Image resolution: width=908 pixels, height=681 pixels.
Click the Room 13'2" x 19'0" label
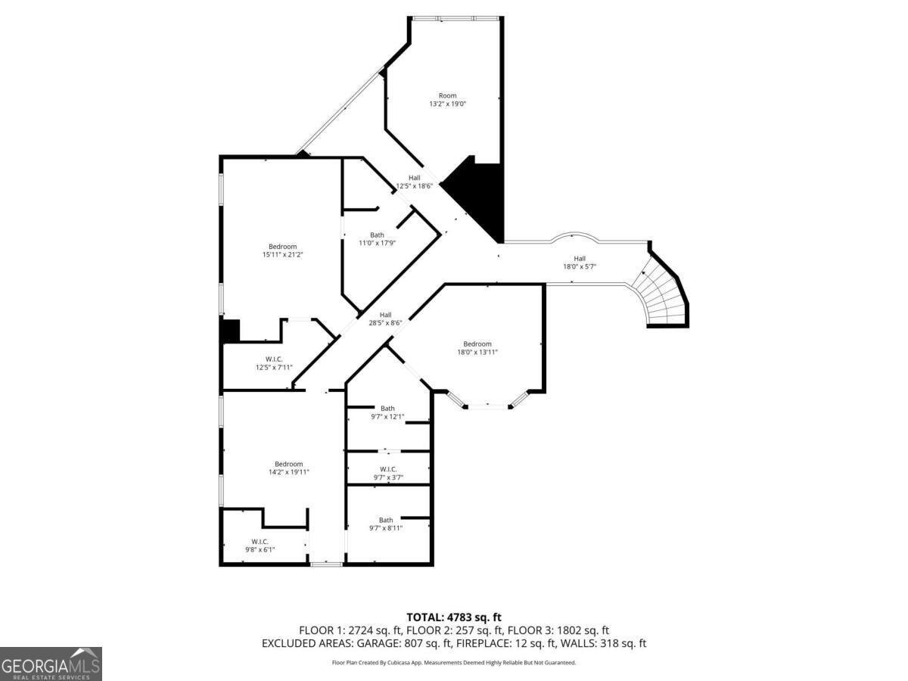coord(447,100)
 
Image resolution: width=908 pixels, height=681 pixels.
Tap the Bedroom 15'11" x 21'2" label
coord(283,250)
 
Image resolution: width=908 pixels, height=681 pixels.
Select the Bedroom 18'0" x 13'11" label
coord(477,348)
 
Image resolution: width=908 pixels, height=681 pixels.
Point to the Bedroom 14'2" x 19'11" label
coord(288,468)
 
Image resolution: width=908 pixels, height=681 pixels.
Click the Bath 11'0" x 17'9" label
coord(377,239)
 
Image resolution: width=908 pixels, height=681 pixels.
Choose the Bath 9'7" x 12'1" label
coord(387,412)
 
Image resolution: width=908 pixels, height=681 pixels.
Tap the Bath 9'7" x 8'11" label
coord(386,524)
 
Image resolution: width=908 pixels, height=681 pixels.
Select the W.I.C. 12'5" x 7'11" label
coord(274,363)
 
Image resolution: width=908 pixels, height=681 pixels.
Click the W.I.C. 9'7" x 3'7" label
coord(387,474)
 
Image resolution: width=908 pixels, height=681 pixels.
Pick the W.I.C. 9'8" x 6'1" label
coord(260,546)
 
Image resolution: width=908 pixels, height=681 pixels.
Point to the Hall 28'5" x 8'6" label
coord(385,319)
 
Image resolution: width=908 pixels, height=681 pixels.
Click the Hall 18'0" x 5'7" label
coord(579,263)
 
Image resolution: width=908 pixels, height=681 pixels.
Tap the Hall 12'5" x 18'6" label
coord(414,182)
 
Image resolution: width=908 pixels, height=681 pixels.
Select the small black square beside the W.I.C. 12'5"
coord(230,331)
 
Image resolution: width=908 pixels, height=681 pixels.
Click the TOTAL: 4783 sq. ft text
coord(454,617)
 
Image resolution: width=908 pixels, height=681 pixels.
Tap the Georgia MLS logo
coord(51,664)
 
